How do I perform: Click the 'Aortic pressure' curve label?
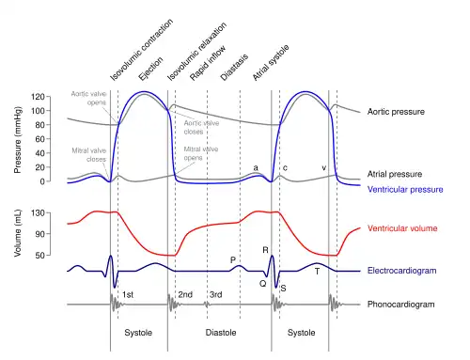point(396,112)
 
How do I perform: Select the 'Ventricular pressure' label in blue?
point(405,189)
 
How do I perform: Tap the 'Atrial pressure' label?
point(395,174)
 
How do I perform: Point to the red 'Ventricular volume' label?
point(402,228)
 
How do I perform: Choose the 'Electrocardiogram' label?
point(401,271)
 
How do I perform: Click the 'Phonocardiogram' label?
point(400,305)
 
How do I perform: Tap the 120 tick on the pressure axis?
point(38,97)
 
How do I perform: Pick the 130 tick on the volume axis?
point(38,213)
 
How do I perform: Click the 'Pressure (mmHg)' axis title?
point(18,140)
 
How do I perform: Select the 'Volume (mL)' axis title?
point(18,233)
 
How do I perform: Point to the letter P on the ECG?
point(233,260)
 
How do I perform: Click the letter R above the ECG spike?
point(265,250)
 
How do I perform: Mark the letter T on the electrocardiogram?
point(317,272)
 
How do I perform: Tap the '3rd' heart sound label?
point(216,294)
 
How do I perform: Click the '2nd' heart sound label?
point(185,294)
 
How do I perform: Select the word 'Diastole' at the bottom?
point(221,333)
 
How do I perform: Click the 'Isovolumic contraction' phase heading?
point(142,50)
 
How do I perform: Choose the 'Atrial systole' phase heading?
point(271,63)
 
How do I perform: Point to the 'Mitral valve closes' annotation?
point(89,155)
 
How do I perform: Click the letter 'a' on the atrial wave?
point(256,168)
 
